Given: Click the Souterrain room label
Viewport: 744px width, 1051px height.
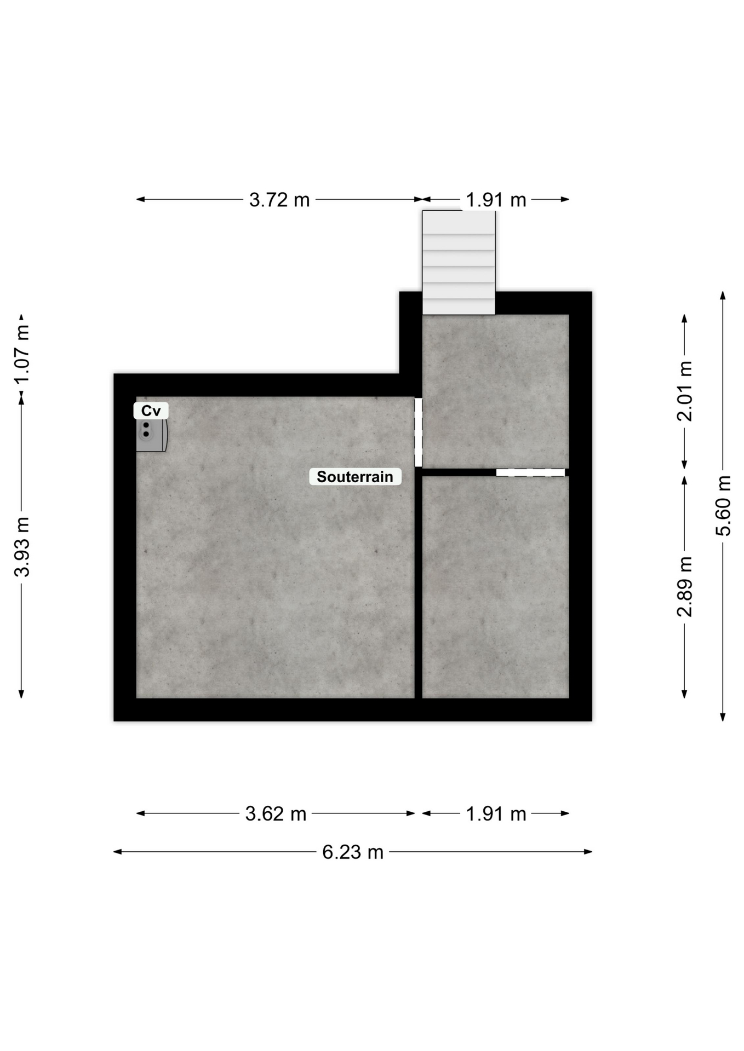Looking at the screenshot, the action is (355, 477).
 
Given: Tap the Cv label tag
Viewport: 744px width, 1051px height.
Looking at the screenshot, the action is (151, 411).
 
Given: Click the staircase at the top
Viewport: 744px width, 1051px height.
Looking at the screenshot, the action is (459, 262).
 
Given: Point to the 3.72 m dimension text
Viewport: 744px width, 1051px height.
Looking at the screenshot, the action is (279, 200).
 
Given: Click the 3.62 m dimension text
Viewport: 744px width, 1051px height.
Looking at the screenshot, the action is (276, 814).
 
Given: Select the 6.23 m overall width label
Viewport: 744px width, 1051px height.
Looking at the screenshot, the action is (353, 852).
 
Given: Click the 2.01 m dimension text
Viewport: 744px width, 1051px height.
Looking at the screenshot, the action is (685, 391).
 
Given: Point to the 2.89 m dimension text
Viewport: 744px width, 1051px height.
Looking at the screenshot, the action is (685, 586).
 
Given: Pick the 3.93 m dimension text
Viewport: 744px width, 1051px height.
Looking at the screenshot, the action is (22, 547).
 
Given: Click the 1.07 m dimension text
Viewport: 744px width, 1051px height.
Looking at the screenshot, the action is (22, 355).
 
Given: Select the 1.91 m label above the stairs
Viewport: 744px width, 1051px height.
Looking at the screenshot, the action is (496, 200).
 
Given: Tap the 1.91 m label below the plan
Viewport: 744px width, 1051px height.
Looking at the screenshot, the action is (496, 814).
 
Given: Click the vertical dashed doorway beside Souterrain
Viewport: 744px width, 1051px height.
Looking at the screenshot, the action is (419, 432).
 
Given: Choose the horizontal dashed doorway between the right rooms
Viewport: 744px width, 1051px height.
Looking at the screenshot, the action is (530, 472).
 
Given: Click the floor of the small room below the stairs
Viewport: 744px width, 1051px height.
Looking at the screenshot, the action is (496, 391).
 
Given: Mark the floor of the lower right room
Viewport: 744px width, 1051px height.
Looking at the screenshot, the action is (496, 587).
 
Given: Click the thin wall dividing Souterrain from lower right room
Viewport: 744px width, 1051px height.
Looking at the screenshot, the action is (419, 586).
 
